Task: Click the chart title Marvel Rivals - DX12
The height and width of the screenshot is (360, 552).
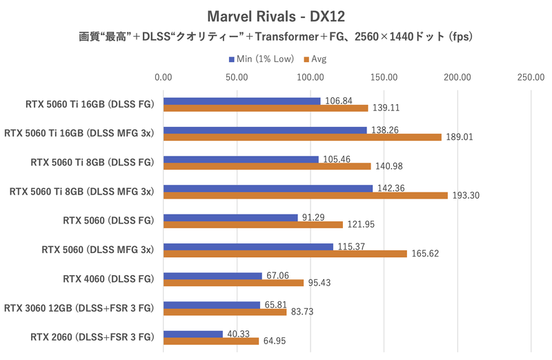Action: pos(275,15)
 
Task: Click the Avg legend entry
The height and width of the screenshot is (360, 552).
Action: pos(315,59)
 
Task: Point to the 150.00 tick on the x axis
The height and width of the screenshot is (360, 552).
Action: pos(384,77)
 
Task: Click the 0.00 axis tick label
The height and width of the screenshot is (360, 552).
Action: pos(164,77)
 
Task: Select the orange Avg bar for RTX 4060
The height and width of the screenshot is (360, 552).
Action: pos(233,283)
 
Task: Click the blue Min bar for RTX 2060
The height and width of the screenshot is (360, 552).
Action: pos(193,334)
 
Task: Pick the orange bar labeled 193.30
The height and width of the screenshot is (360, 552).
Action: pos(306,195)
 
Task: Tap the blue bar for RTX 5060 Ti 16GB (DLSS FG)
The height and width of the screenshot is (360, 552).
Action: pos(241,101)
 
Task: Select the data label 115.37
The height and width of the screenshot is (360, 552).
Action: pos(352,246)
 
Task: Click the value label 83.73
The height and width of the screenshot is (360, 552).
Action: pos(304,312)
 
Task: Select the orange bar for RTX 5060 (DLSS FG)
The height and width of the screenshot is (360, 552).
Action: pos(253,225)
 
